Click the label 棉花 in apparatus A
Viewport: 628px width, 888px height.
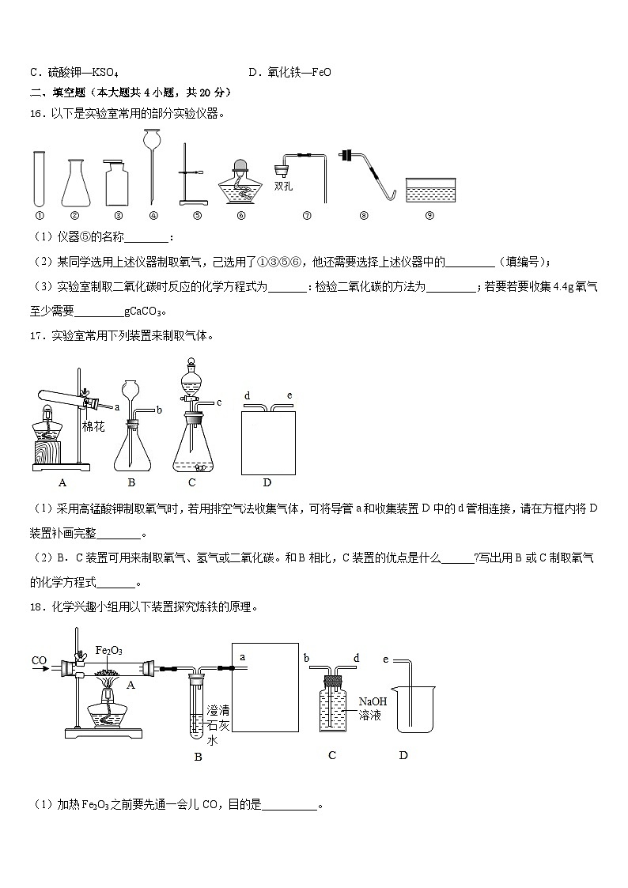point(93,426)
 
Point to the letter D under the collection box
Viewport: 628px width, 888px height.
point(267,482)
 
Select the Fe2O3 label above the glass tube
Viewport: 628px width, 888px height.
point(108,650)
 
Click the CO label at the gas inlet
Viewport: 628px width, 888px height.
point(39,660)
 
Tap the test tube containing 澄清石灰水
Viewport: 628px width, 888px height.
point(198,708)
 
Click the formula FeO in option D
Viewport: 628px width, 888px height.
point(321,73)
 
